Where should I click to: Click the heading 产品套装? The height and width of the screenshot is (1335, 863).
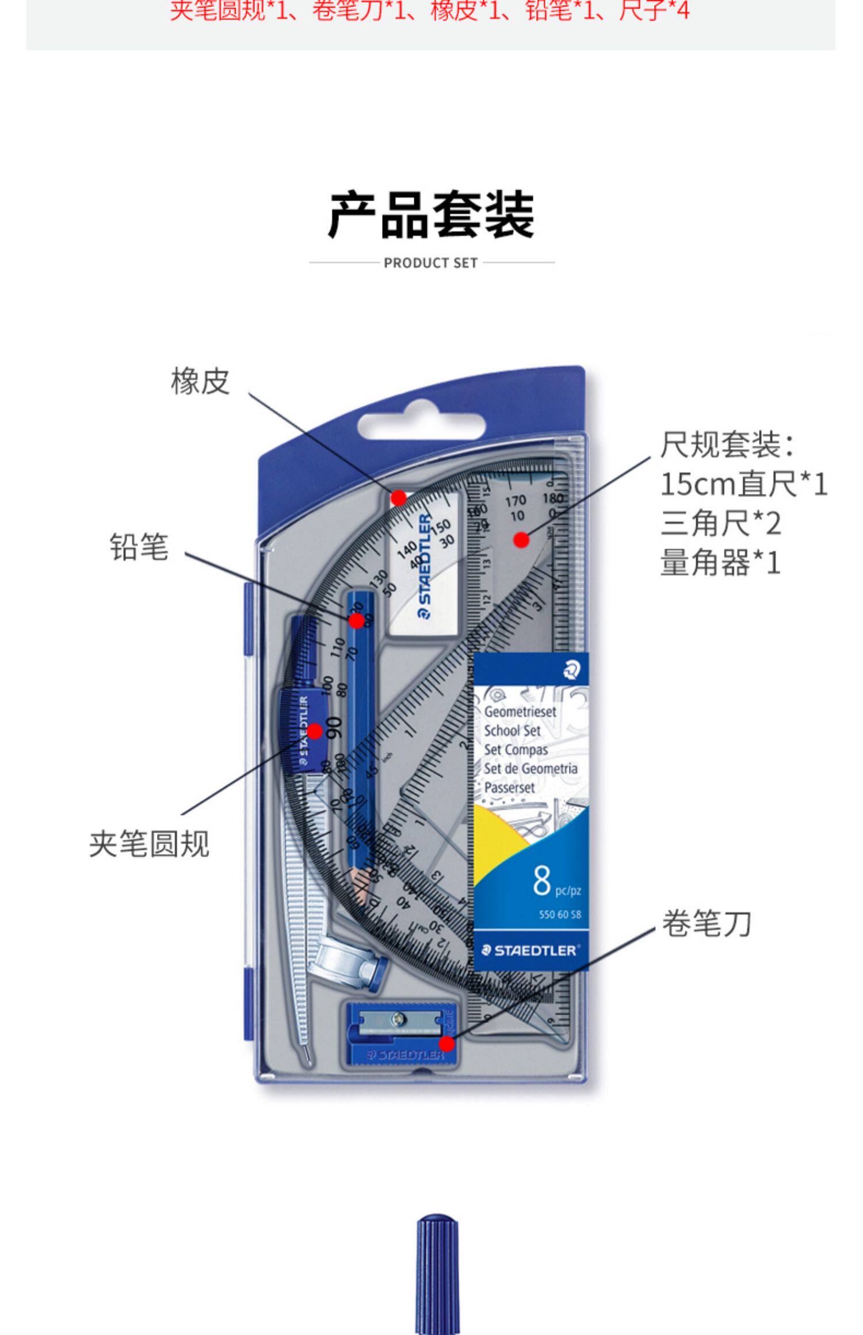(431, 216)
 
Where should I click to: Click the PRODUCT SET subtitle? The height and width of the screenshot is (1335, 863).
(431, 263)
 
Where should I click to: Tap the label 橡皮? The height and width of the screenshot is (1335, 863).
(200, 381)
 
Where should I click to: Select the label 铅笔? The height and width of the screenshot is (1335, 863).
(139, 547)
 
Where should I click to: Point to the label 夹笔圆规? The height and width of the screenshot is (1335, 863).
(149, 845)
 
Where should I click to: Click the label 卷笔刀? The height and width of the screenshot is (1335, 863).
(707, 924)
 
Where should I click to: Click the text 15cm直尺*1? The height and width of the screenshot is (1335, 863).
(743, 484)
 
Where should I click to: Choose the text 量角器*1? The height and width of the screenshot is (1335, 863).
(720, 562)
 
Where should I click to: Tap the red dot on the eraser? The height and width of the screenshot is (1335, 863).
(398, 498)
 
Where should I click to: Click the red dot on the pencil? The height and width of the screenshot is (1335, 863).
(356, 621)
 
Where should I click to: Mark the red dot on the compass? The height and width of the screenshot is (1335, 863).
(315, 731)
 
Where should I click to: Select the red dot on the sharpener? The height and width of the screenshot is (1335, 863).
(446, 1044)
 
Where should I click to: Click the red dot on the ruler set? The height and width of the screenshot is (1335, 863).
(521, 540)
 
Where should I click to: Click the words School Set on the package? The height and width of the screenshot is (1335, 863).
(512, 731)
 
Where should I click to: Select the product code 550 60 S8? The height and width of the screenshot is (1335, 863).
(560, 915)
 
